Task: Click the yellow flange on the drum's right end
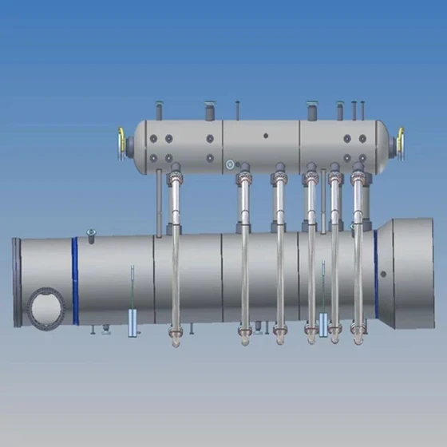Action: [x=401, y=142]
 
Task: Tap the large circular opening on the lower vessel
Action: [x=46, y=307]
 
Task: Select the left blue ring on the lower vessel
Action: [x=75, y=281]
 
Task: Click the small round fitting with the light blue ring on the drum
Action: [x=230, y=165]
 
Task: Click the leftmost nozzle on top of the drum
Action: [x=159, y=107]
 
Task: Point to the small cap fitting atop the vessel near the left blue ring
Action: [x=90, y=232]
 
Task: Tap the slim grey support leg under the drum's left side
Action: [x=159, y=200]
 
